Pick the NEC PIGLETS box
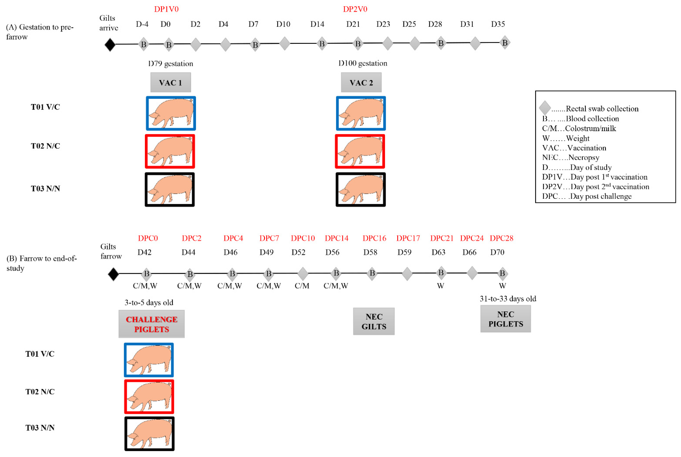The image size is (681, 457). point(505,319)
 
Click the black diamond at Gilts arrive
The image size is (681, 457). point(110,45)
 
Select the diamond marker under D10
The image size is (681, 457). point(285,43)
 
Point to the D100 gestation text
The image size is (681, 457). point(363,63)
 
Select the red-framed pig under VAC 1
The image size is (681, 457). point(170,151)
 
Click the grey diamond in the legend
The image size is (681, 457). point(545,108)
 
